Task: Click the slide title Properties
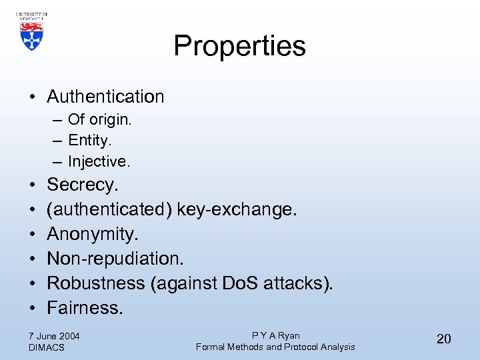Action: pos(239,46)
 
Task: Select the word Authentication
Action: pos(105,97)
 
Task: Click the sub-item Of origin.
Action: pos(100,120)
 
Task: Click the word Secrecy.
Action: pos(82,185)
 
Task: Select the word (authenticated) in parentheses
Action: pos(109,209)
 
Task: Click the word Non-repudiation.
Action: pos(115,258)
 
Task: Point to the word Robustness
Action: pos(96,283)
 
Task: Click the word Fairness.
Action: pos(85,307)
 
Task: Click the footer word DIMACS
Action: pos(47,347)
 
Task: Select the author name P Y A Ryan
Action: pos(275,335)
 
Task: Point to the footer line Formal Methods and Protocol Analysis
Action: pos(275,347)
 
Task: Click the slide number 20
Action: pos(443,339)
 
